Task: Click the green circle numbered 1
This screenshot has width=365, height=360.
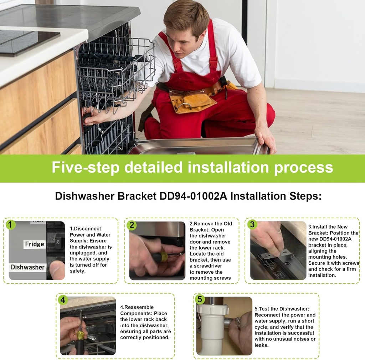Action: pyautogui.click(x=10, y=225)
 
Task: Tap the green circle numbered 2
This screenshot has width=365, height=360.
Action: pyautogui.click(x=132, y=225)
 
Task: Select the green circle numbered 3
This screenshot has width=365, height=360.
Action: pyautogui.click(x=252, y=224)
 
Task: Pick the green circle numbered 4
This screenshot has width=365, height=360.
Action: pyautogui.click(x=63, y=300)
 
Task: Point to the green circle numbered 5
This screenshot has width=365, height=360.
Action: pyautogui.click(x=200, y=299)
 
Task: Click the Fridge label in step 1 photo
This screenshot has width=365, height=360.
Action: pyautogui.click(x=35, y=244)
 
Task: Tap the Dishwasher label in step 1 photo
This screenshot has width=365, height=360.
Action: pyautogui.click(x=27, y=267)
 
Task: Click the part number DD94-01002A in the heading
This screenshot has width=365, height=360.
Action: pyautogui.click(x=193, y=196)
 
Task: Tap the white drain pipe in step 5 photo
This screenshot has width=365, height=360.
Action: pyautogui.click(x=211, y=328)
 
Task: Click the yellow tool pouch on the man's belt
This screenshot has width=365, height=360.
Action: pyautogui.click(x=191, y=100)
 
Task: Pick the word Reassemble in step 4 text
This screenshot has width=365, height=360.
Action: pyautogui.click(x=139, y=307)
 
